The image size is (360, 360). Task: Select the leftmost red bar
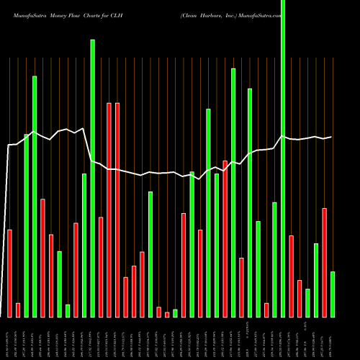[x=9, y=273]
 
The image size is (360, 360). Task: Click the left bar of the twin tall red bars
[x=109, y=210]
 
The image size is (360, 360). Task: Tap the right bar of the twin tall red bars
[x=117, y=210]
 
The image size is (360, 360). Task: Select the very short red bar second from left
[x=18, y=310]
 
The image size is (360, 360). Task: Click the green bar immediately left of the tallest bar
[x=274, y=259]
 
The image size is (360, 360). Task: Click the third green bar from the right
[x=307, y=302]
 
